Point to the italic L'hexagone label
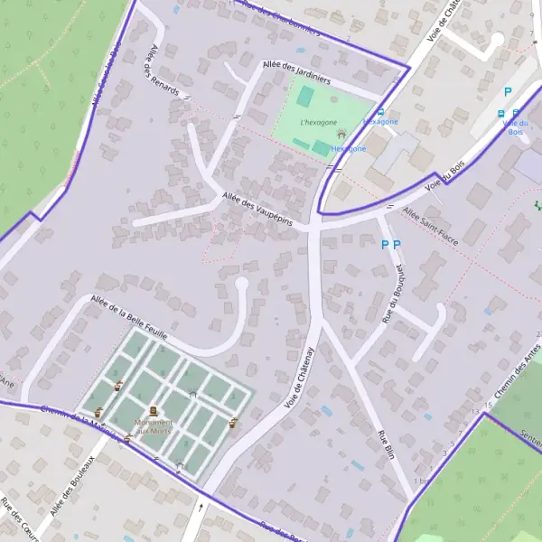(x=318, y=122)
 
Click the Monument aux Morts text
(x=153, y=426)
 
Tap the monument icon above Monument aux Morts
(x=153, y=412)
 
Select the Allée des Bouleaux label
(x=73, y=486)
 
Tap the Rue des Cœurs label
(x=17, y=519)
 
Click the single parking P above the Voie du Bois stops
(x=508, y=91)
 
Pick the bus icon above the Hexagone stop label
(x=380, y=113)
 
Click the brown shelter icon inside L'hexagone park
(x=341, y=135)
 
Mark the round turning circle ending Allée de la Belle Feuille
(x=241, y=285)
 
